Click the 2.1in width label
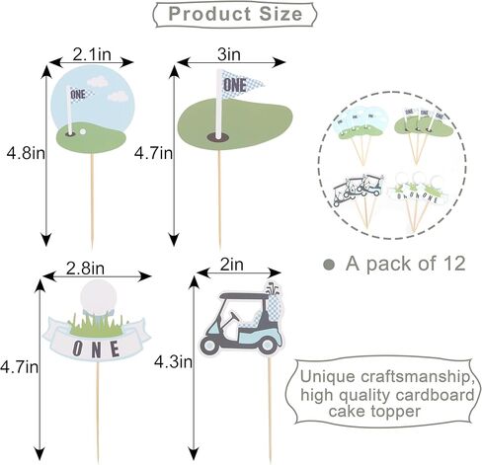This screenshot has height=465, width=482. click(92, 54)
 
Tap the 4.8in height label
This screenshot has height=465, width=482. click(26, 153)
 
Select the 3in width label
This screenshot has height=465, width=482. click(229, 54)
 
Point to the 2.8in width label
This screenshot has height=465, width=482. click(85, 269)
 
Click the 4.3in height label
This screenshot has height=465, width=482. click(173, 362)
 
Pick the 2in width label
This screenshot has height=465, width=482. click(232, 265)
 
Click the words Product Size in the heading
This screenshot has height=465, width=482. click(235, 14)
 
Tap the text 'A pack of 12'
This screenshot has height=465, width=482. click(406, 264)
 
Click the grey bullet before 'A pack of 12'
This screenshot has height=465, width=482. click(329, 265)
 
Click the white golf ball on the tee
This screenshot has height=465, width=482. click(99, 296)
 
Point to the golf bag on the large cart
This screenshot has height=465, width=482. click(274, 302)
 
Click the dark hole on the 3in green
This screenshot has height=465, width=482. click(217, 137)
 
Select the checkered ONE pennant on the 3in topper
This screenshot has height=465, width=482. click(242, 85)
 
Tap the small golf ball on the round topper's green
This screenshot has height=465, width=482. click(83, 131)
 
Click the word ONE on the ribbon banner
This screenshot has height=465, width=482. click(96, 349)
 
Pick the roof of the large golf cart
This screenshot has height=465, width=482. click(243, 296)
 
